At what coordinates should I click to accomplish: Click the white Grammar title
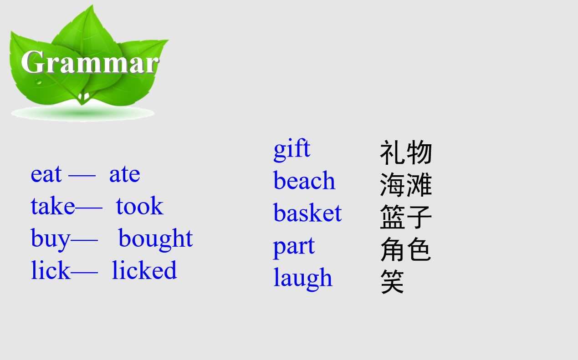pyautogui.click(x=90, y=62)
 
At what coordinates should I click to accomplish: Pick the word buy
pyautogui.click(x=50, y=239)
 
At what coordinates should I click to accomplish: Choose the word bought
pyautogui.click(x=156, y=239)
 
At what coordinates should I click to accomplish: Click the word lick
pyautogui.click(x=51, y=270)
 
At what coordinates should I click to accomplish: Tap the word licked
pyautogui.click(x=144, y=270)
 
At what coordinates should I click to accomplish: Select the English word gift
pyautogui.click(x=292, y=150)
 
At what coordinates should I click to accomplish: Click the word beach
pyautogui.click(x=304, y=180)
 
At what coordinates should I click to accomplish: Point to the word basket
pyautogui.click(x=307, y=212)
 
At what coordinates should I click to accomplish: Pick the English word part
pyautogui.click(x=294, y=247)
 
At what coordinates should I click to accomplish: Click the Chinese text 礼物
pyautogui.click(x=406, y=152)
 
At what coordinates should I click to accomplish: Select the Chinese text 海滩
pyautogui.click(x=406, y=185)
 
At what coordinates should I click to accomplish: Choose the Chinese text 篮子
pyautogui.click(x=406, y=217)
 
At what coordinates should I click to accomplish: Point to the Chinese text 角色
pyautogui.click(x=405, y=249)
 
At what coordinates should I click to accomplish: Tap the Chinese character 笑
pyautogui.click(x=392, y=281)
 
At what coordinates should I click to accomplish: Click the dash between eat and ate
pyautogui.click(x=82, y=176)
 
